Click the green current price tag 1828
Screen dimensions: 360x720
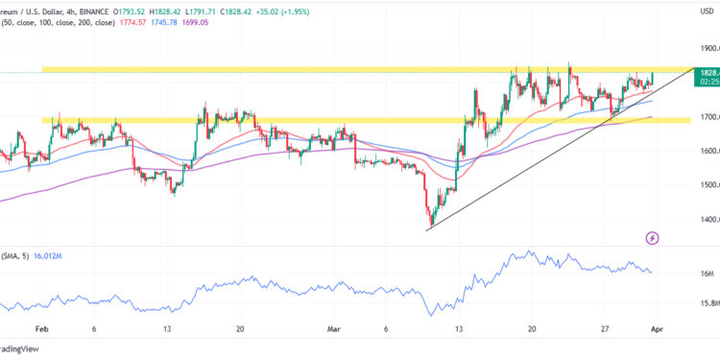708,73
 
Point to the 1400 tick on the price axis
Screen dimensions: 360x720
709,219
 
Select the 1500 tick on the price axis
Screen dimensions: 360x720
709,184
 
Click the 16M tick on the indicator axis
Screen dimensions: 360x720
708,274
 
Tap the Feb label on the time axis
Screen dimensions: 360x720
41,326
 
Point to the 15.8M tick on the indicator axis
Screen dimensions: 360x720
708,303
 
